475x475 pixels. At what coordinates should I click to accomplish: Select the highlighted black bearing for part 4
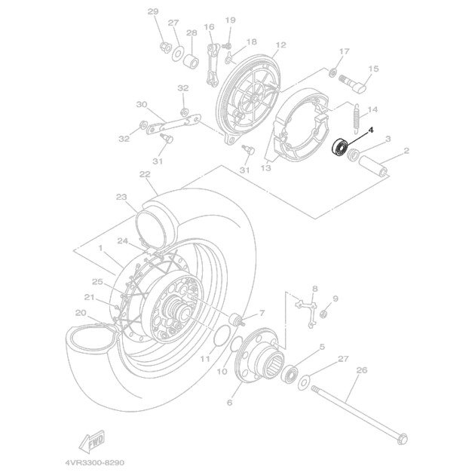click(x=340, y=147)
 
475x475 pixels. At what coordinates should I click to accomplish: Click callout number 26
click(x=360, y=369)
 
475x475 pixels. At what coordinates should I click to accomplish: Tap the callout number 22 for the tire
click(x=145, y=174)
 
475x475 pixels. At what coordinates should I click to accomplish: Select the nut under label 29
click(x=164, y=49)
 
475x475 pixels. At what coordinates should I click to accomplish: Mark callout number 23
click(x=121, y=197)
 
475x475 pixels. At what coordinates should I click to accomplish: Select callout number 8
click(x=314, y=289)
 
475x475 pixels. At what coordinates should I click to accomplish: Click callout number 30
click(x=141, y=104)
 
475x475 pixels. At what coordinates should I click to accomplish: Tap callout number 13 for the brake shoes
click(x=265, y=170)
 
